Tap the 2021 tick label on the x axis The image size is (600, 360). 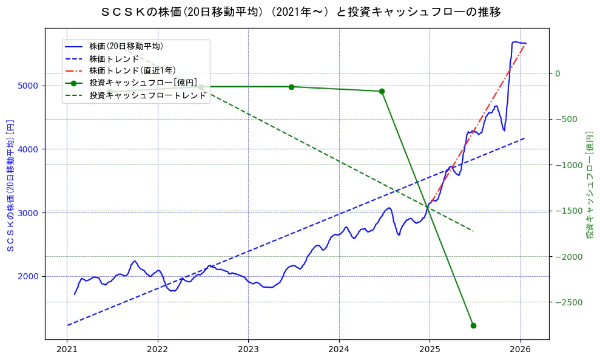(67, 350)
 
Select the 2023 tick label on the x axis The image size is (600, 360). (248, 350)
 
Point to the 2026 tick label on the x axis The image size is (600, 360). (520, 350)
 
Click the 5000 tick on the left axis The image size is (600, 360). (32, 86)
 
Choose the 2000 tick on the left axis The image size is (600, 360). (32, 276)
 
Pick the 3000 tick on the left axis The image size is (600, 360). (32, 212)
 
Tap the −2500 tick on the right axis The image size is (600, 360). (567, 302)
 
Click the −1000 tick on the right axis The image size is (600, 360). (567, 165)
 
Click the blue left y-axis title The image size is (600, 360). (10, 185)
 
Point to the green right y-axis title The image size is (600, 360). (589, 185)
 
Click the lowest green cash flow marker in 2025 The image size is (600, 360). (473, 325)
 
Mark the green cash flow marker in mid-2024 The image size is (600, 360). (382, 91)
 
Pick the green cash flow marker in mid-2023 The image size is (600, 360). (291, 87)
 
